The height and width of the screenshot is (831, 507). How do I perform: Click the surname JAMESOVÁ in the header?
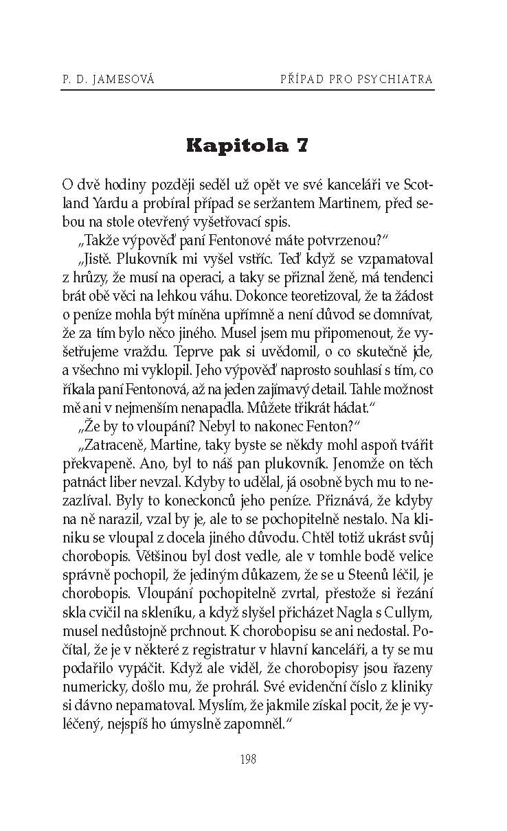(x=123, y=80)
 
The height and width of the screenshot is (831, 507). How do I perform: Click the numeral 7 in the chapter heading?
(x=302, y=146)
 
